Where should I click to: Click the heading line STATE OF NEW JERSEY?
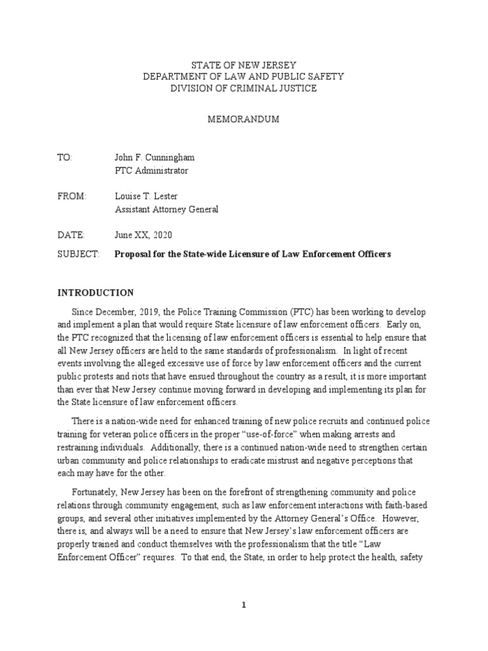(244, 65)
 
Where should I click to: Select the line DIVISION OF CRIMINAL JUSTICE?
(244, 88)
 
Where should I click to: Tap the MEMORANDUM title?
(244, 120)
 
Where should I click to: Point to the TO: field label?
(65, 158)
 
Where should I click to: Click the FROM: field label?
(71, 196)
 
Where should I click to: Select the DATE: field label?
(70, 235)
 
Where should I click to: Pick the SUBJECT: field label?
(79, 254)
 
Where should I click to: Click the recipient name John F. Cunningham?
(154, 158)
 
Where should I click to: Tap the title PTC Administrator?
(151, 170)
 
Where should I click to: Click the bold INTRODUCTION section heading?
(96, 293)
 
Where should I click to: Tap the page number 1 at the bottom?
(244, 605)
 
